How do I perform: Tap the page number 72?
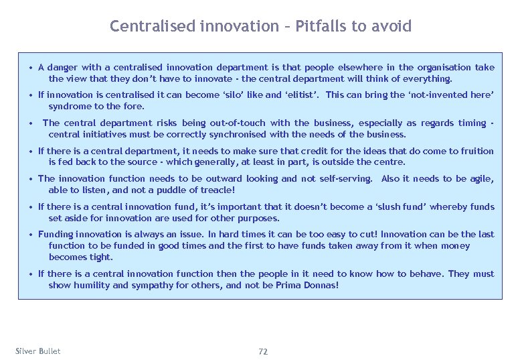[x=262, y=351]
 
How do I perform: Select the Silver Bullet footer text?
[x=37, y=351]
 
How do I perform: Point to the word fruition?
[x=476, y=151]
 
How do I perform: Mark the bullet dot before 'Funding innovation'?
[x=31, y=235]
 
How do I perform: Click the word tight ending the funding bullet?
[x=101, y=257]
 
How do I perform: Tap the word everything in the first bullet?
[x=418, y=78]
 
